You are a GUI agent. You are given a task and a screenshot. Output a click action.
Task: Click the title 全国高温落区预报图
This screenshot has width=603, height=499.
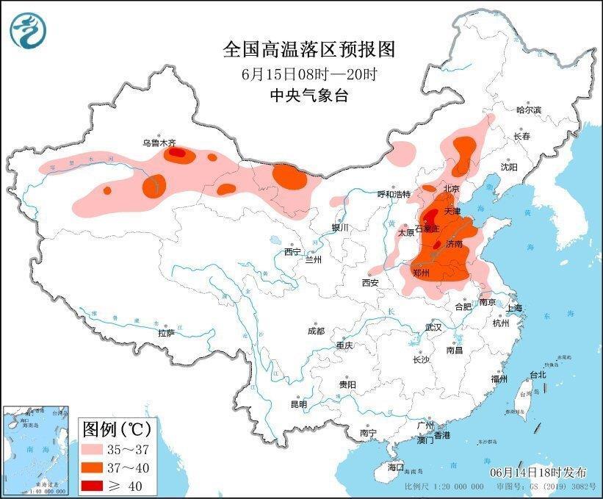pyautogui.click(x=308, y=49)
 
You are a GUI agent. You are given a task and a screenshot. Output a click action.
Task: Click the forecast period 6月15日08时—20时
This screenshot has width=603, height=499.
pyautogui.click(x=308, y=73)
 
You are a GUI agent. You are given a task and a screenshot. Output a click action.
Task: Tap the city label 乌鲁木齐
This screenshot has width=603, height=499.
pyautogui.click(x=158, y=143)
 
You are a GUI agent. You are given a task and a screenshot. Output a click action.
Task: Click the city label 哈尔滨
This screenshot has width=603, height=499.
pyautogui.click(x=527, y=110)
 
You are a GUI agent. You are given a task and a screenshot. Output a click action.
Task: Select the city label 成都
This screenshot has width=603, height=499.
pyautogui.click(x=316, y=331)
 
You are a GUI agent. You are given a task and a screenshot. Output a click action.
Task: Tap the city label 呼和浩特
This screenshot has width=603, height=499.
pyautogui.click(x=394, y=194)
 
